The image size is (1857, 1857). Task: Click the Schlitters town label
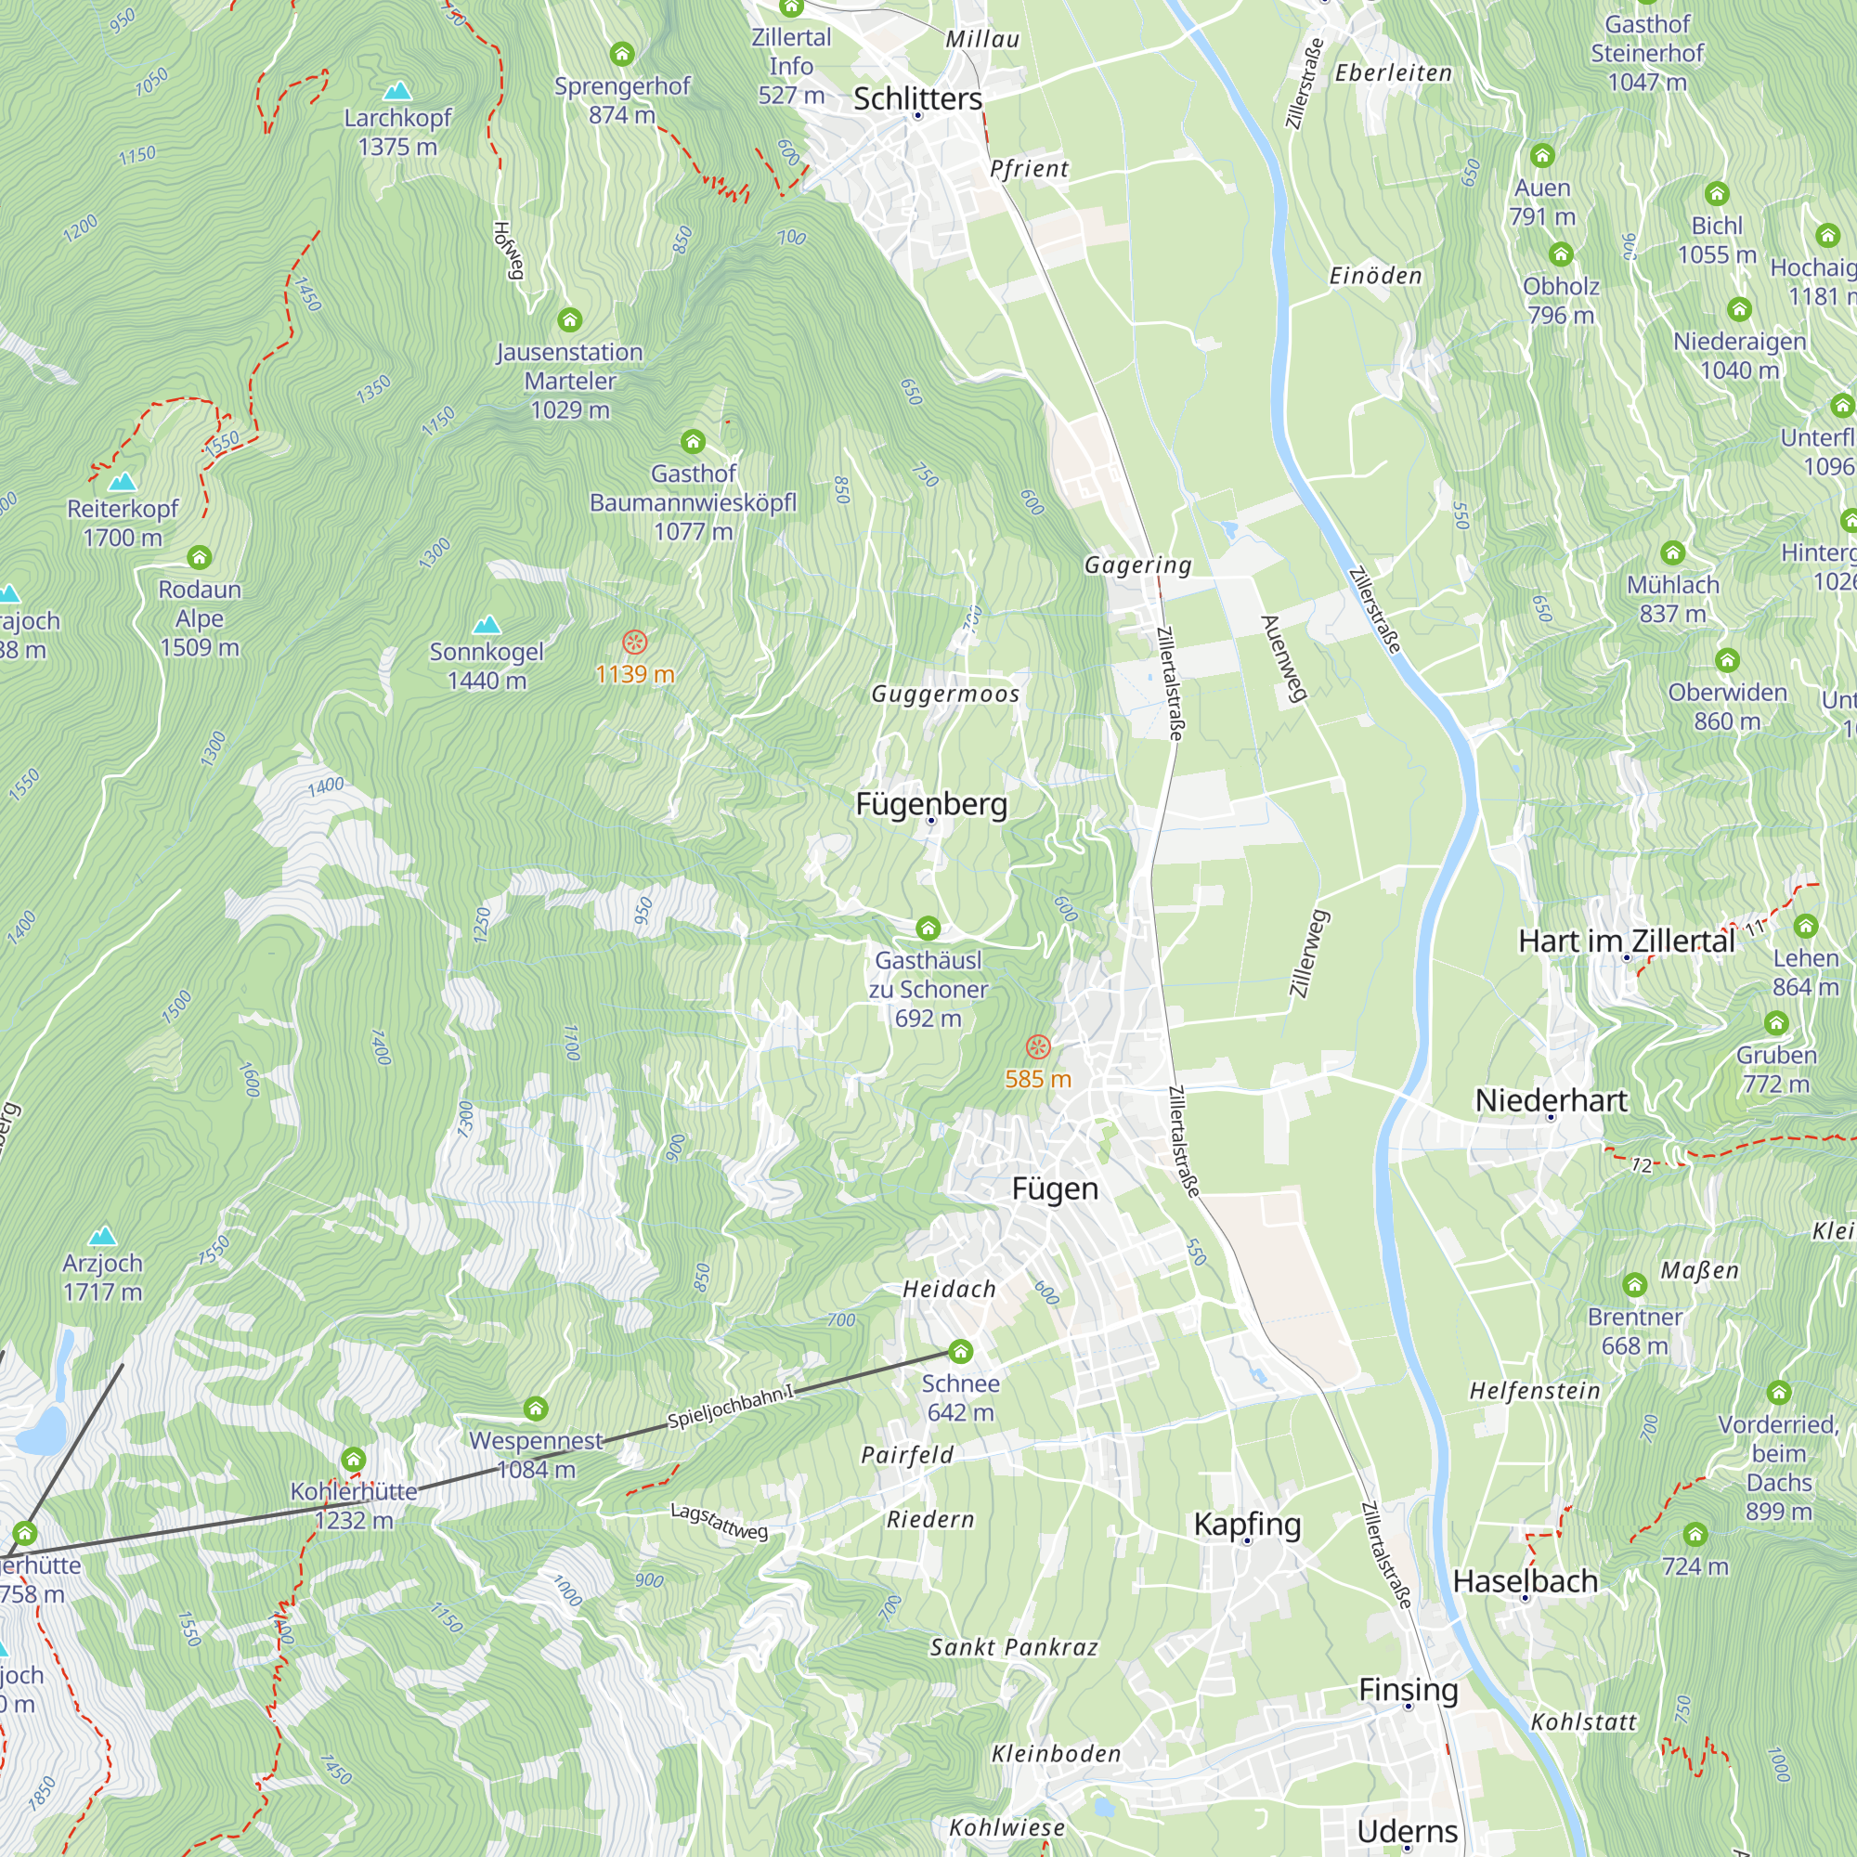[917, 98]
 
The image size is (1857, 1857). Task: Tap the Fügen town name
[1055, 1189]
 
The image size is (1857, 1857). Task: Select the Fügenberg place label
[930, 803]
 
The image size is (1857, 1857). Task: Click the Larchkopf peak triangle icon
[397, 91]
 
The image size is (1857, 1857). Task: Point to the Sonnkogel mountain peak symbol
[487, 625]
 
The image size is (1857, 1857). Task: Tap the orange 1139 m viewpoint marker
[634, 643]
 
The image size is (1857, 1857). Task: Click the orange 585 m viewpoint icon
[1037, 1046]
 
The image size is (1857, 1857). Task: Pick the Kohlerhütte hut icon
[353, 1460]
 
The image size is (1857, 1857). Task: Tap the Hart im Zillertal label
[1627, 941]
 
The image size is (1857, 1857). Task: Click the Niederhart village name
[1551, 1100]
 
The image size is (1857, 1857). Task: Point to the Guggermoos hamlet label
[945, 694]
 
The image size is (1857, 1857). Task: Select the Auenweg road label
[1284, 659]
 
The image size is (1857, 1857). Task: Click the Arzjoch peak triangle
[102, 1236]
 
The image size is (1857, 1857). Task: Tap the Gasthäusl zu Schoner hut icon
[927, 928]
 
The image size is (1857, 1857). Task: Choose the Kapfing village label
[1247, 1524]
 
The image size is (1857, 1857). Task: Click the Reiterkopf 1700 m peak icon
[122, 482]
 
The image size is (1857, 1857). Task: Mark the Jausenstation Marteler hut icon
[569, 319]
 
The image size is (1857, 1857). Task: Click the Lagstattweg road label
[719, 1522]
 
